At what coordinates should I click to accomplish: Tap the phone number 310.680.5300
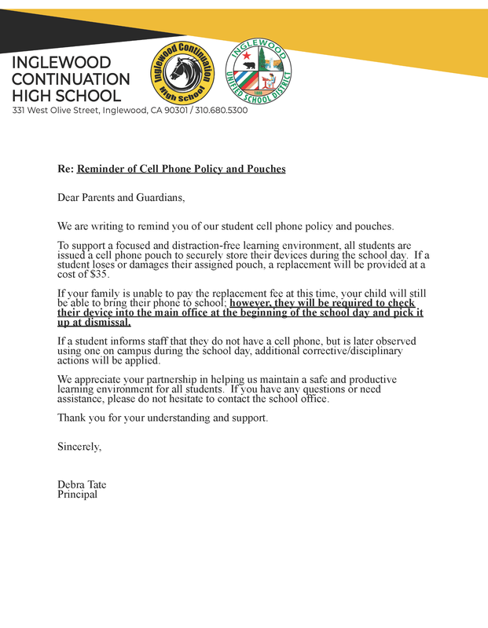[x=222, y=111]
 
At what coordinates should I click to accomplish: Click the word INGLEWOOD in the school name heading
[x=61, y=63]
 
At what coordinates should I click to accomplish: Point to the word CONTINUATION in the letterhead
[x=71, y=79]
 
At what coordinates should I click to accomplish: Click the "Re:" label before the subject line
[x=65, y=169]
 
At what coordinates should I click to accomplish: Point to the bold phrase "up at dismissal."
[x=94, y=322]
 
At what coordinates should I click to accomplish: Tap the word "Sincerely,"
[x=79, y=447]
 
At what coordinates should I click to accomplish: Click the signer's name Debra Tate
[x=82, y=485]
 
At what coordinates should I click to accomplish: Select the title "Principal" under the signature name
[x=78, y=495]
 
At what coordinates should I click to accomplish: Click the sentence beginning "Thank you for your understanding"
[x=163, y=418]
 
